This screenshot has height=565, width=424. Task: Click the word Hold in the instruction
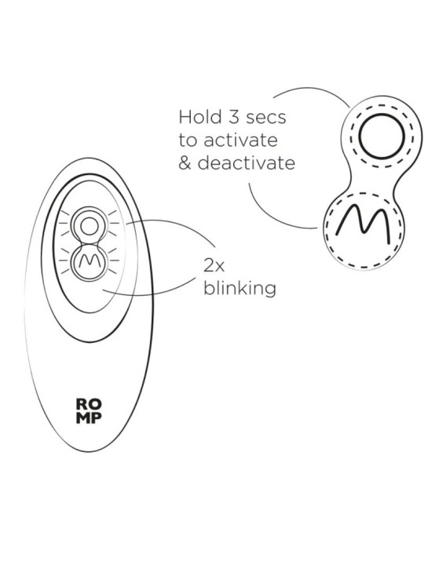200,117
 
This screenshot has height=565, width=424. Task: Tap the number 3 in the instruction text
234,117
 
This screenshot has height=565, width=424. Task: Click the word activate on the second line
241,140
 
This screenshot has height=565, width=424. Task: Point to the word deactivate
247,162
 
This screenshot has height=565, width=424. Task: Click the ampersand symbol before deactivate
185,163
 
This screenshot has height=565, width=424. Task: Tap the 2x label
214,266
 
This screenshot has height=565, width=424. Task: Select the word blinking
239,288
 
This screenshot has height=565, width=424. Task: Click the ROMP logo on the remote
89,410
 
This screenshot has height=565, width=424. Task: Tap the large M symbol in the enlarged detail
363,224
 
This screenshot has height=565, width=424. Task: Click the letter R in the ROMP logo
82,404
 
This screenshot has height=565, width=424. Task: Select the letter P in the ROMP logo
97,417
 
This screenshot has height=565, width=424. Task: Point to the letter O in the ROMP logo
96,404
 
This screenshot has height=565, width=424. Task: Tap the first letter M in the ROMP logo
83,417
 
